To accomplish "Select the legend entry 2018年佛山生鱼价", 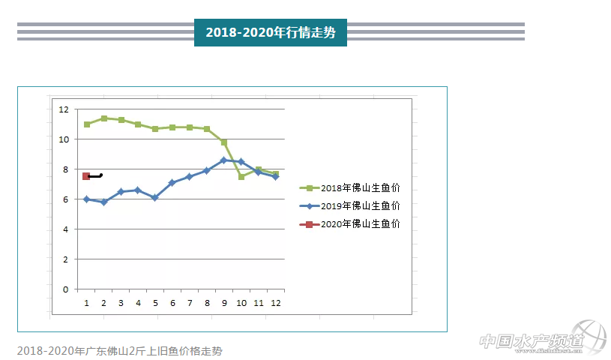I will [349, 187].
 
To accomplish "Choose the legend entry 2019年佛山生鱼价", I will [349, 205].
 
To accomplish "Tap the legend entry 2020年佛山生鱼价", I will [349, 223].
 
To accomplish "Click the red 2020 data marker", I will [86, 176].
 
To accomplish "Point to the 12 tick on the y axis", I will [64, 109].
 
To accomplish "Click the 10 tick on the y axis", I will [64, 139].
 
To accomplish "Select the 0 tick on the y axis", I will [66, 289].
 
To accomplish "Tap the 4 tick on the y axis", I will [66, 229].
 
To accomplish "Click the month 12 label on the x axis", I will [275, 303].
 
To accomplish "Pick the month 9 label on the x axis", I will [224, 303].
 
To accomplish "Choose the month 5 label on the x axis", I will [155, 303].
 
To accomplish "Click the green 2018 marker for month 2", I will [103, 118].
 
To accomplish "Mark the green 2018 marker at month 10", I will [241, 176].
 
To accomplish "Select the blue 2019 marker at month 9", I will [223, 160].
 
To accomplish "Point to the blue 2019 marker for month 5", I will [155, 198].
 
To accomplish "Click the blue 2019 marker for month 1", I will [86, 199].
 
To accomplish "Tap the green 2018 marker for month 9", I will [224, 142].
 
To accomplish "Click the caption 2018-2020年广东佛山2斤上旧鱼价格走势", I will [120, 350].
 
